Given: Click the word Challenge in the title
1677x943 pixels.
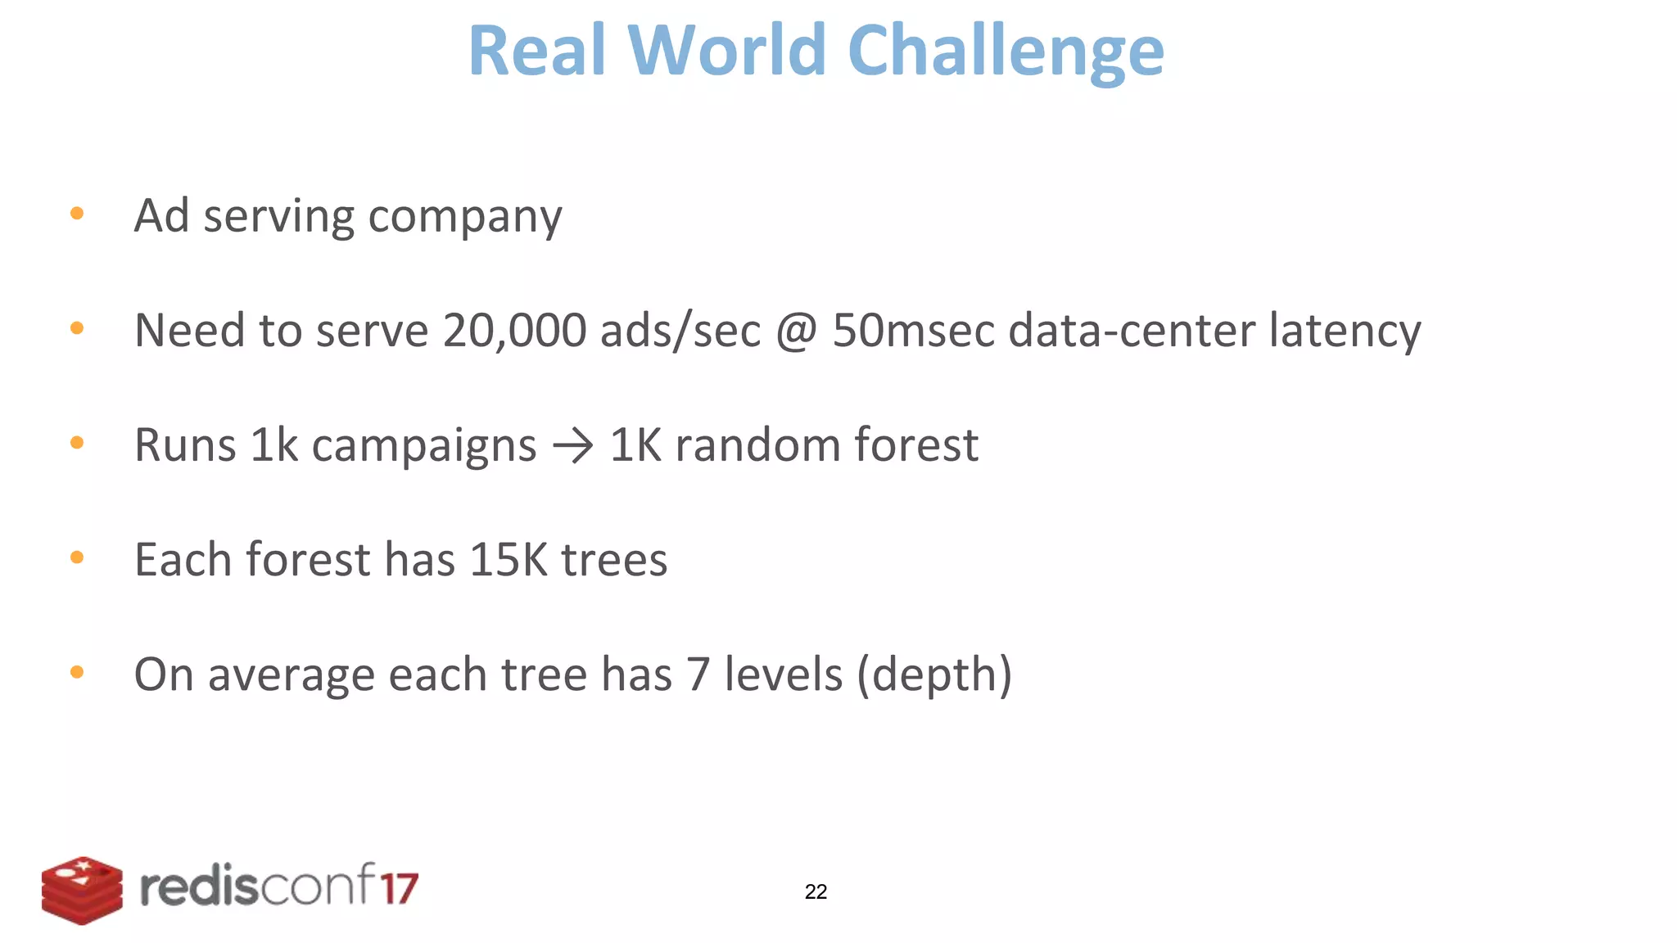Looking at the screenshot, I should pos(1006,52).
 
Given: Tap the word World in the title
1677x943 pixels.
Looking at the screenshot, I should pos(727,50).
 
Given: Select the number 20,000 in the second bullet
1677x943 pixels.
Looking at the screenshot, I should pos(514,330).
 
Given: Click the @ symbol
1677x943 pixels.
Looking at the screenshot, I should pos(796,332).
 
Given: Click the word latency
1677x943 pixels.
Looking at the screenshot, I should pos(1345,332).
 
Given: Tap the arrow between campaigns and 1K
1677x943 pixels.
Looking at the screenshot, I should pos(573,446).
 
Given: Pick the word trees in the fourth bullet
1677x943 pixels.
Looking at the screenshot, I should pos(614,561).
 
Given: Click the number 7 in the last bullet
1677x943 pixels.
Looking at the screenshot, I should pos(698,675).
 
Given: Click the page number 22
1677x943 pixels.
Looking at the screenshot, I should pos(816,891).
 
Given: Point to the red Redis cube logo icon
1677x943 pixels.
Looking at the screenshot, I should pos(82,890).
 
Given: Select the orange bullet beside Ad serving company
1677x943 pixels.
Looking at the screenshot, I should pos(78,214).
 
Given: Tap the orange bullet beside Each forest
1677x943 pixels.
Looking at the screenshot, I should pos(78,558).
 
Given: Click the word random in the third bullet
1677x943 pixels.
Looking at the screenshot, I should pos(757,445).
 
